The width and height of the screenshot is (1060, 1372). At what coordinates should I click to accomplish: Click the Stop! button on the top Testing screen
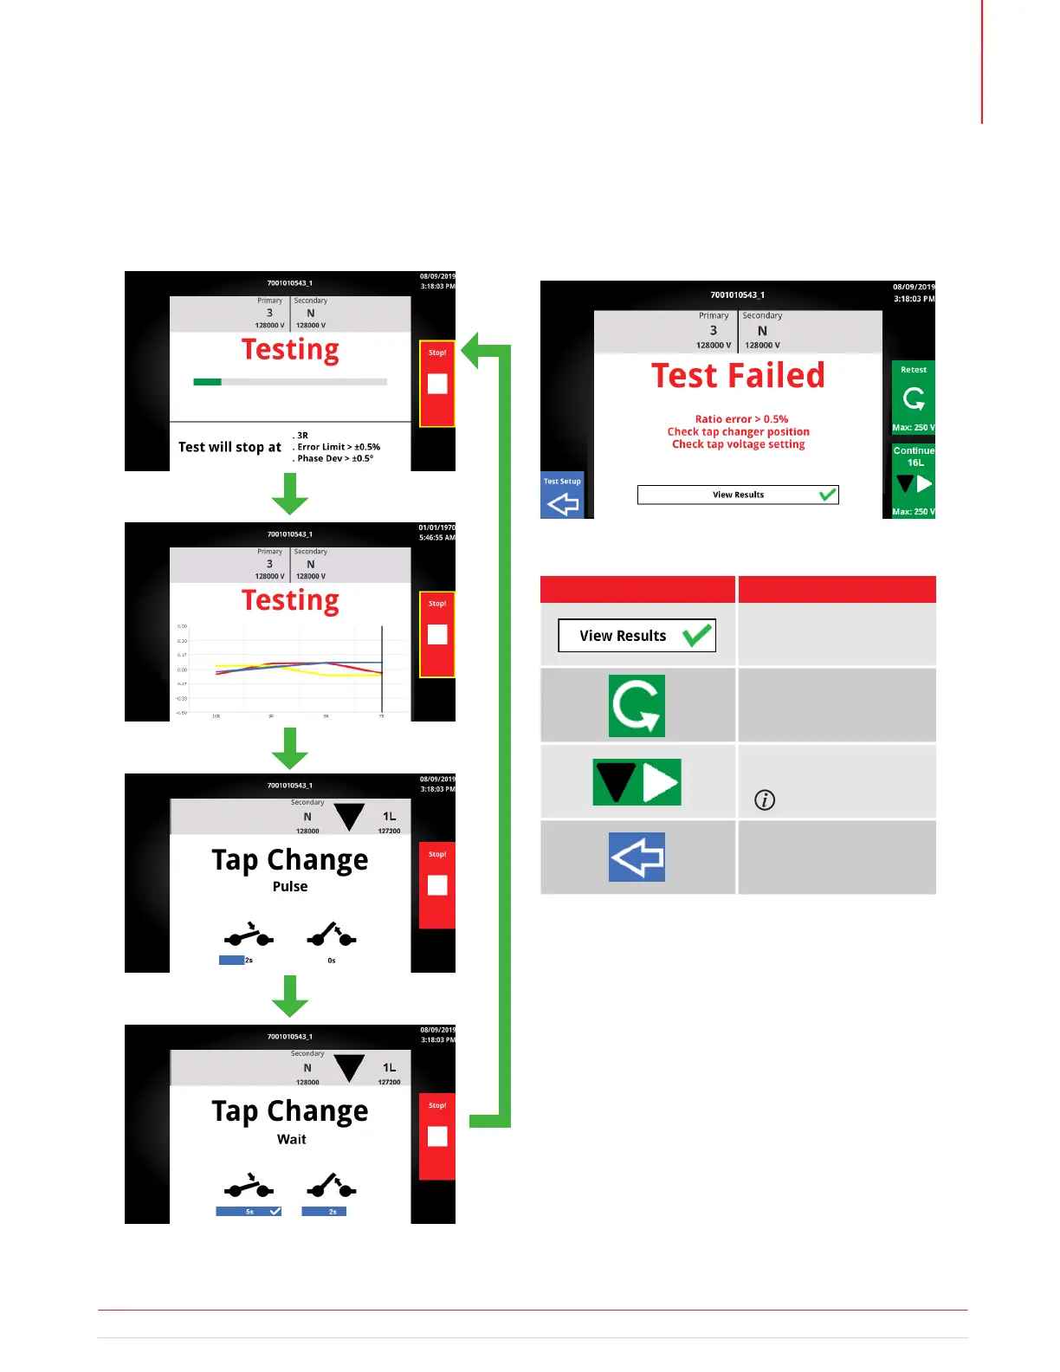point(437,383)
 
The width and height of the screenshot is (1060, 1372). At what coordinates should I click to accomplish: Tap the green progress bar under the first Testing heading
point(208,381)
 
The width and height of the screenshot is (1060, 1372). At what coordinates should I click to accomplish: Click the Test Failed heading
point(738,376)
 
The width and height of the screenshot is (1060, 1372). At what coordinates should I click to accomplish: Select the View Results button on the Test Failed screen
point(738,495)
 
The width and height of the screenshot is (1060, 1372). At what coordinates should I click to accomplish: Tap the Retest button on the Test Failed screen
point(913,397)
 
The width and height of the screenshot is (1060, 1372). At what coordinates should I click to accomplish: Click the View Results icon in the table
point(637,636)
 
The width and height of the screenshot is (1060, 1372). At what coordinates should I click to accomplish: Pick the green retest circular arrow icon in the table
point(637,706)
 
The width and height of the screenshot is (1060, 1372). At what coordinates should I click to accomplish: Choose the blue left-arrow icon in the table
point(637,857)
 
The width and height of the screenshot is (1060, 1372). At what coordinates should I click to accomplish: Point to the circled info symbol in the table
point(765,799)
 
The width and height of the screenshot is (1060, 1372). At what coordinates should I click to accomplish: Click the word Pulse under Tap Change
point(290,886)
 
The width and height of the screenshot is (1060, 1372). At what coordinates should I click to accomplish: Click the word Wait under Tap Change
point(291,1139)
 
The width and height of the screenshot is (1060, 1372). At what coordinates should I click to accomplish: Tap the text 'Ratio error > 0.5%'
point(741,419)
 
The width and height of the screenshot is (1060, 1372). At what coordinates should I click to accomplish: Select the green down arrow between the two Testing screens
point(290,495)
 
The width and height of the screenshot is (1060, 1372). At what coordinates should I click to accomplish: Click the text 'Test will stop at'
point(229,447)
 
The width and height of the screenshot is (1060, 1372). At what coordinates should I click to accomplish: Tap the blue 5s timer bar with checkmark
point(249,1211)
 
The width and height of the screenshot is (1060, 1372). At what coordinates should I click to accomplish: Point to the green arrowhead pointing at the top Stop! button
point(473,350)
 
